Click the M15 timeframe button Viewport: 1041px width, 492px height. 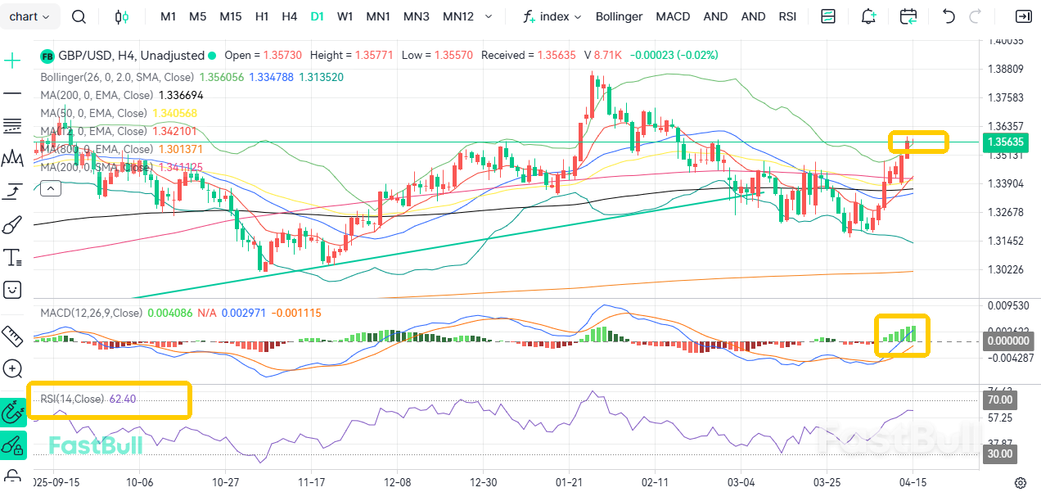point(231,16)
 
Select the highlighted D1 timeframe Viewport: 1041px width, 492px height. point(317,16)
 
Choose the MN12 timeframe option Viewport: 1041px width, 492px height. point(458,16)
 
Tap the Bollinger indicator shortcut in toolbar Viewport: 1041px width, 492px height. point(619,16)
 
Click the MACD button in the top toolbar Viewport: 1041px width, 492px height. point(673,16)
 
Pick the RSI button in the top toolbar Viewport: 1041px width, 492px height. point(787,16)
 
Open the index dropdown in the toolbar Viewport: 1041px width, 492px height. point(552,16)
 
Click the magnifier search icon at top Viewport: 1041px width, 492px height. point(79,16)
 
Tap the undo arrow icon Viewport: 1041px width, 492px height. point(949,16)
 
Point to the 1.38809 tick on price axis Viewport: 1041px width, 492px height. point(1007,69)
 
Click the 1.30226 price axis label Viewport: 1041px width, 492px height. point(1007,269)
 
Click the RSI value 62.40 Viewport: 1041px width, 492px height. point(122,399)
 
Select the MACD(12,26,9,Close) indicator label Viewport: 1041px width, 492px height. point(91,313)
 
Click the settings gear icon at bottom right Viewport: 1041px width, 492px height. point(1021,482)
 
